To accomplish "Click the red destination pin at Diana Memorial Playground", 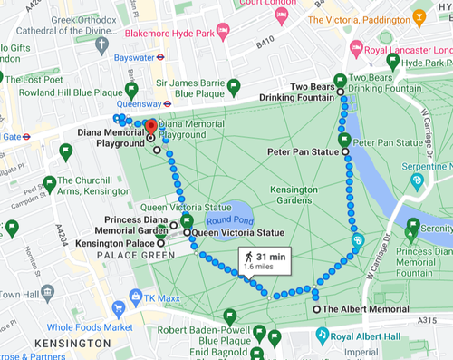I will pos(151,128).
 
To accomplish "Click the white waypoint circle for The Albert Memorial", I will pos(316,309).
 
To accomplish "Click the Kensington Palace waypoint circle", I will pos(161,243).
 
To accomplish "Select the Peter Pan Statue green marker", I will pos(343,141).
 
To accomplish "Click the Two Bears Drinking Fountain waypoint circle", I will pos(341,92).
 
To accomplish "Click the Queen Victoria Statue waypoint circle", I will pos(187,233).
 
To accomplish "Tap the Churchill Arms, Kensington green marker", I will pos(50,183).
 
